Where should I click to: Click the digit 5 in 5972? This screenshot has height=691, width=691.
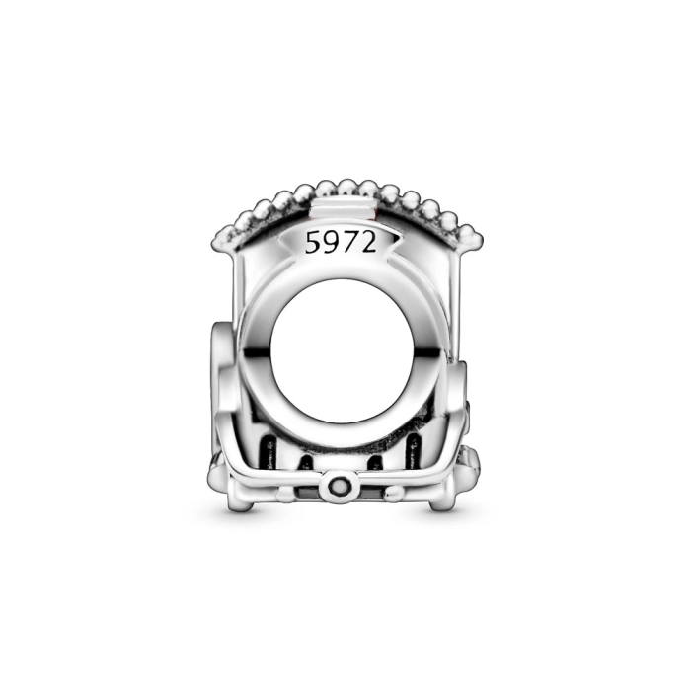313,243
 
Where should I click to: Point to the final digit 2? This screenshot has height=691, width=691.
368,242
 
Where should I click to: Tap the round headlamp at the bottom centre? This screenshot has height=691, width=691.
341,487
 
